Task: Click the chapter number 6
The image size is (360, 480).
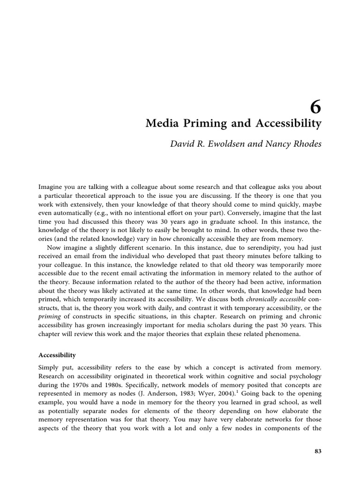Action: [315, 108]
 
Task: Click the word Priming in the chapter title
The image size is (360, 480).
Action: [198, 124]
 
